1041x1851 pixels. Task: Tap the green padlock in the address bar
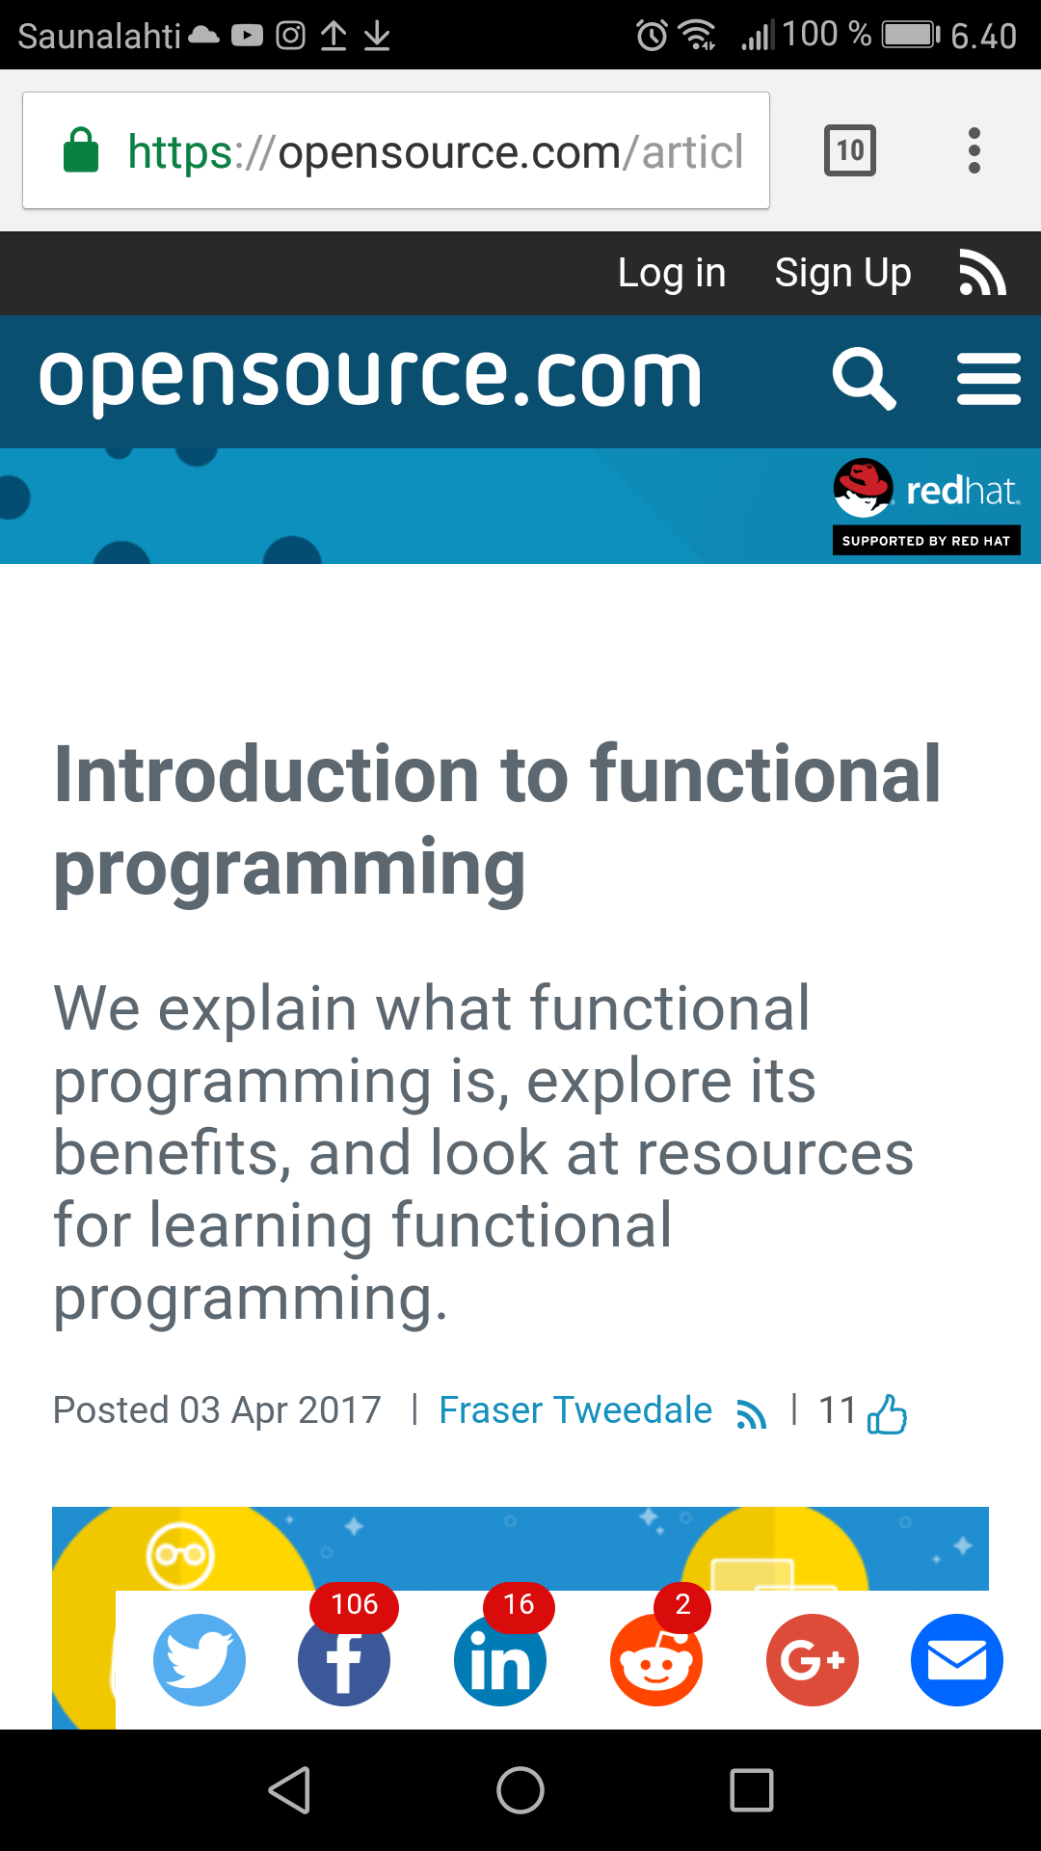click(x=81, y=150)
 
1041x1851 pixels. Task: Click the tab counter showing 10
click(x=850, y=150)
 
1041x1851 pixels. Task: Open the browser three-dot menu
click(x=974, y=150)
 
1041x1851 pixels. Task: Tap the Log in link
click(x=672, y=273)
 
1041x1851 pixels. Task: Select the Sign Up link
click(x=843, y=274)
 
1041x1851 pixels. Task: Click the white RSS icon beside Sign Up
click(x=983, y=272)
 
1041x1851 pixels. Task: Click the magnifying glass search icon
click(x=865, y=379)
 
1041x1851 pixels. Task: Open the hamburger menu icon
click(x=989, y=379)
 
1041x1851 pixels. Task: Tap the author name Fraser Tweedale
click(x=575, y=1410)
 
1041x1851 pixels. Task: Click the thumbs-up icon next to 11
click(x=888, y=1414)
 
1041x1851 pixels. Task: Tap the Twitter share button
click(x=200, y=1660)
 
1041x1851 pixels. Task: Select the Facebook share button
click(x=344, y=1660)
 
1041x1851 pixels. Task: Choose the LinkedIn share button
click(x=500, y=1660)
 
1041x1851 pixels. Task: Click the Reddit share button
click(x=656, y=1660)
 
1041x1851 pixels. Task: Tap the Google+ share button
click(x=813, y=1660)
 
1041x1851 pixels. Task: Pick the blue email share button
click(x=957, y=1660)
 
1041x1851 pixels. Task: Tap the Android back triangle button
click(x=289, y=1790)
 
